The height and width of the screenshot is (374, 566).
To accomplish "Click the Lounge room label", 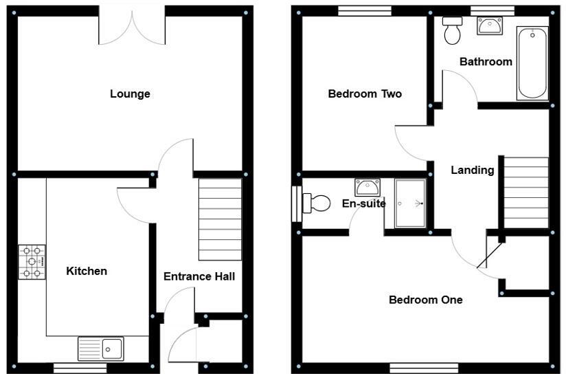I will [130, 94].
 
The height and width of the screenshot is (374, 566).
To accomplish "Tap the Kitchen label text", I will [87, 271].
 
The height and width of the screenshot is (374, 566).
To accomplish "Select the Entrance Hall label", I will [199, 276].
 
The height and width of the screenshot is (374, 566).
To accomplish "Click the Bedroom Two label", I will [365, 94].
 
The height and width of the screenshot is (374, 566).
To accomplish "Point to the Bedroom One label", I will [425, 300].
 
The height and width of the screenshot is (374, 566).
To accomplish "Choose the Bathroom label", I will [486, 62].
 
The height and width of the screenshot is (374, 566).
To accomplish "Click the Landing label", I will [472, 170].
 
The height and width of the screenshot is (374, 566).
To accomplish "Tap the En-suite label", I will [363, 203].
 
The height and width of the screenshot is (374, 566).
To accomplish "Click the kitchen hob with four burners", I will [32, 262].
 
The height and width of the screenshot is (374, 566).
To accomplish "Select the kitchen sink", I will [101, 349].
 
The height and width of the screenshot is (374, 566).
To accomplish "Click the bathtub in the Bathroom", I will [533, 63].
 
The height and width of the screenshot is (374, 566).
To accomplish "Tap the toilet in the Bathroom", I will [452, 31].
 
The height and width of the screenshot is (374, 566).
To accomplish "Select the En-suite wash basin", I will [367, 186].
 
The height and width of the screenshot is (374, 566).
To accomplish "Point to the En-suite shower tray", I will [411, 203].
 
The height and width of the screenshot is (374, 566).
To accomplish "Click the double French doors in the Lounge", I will [133, 26].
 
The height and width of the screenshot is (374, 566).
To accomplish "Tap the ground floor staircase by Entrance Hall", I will [220, 219].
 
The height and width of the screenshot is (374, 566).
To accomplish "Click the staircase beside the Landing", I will [526, 192].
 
